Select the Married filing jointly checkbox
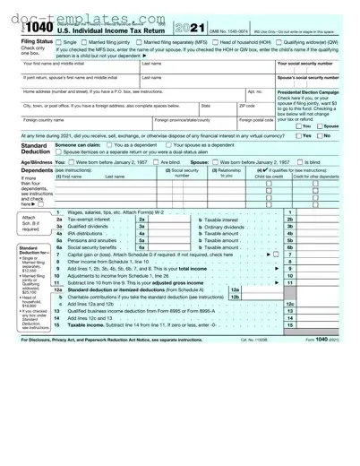coord(86,42)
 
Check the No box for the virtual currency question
coord(320,135)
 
